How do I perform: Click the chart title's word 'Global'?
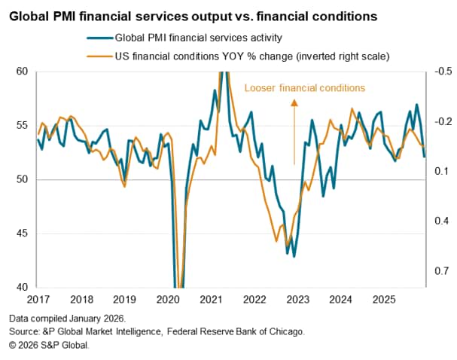click(31, 14)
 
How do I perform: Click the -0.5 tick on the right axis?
click(443, 72)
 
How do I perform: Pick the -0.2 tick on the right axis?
click(443, 122)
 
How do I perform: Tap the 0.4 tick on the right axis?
click(442, 221)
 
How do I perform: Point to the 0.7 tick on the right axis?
click(442, 271)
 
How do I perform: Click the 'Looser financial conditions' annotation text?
click(304, 88)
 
